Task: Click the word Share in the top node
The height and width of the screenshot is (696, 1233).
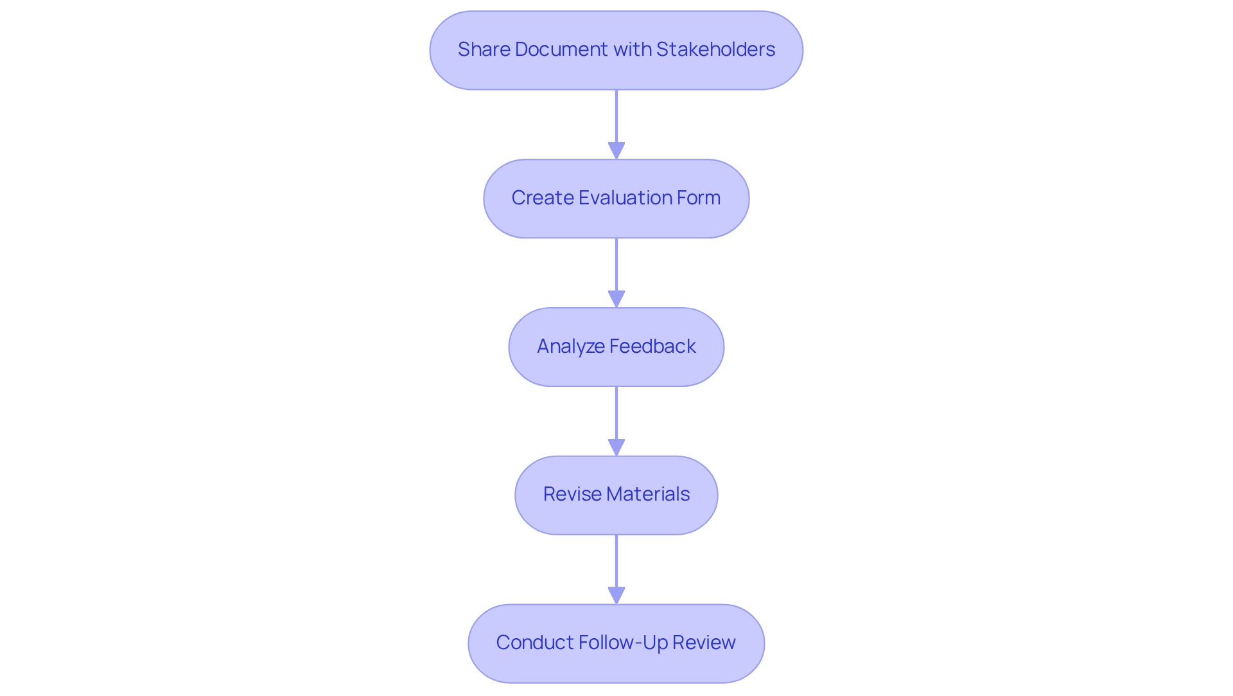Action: pyautogui.click(x=484, y=49)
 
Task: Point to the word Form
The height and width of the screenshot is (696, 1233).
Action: pyautogui.click(x=701, y=198)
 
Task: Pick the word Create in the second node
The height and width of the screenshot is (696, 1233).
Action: pyautogui.click(x=542, y=198)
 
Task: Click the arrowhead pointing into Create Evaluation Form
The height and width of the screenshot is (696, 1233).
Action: pyautogui.click(x=616, y=151)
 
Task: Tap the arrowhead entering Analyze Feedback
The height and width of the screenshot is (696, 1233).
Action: pyautogui.click(x=616, y=299)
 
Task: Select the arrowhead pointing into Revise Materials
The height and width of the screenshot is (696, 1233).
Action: pyautogui.click(x=616, y=448)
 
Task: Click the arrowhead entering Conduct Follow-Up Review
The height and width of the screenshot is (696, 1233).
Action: pyautogui.click(x=616, y=596)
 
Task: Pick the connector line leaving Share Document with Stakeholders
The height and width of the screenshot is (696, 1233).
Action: pyautogui.click(x=616, y=116)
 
